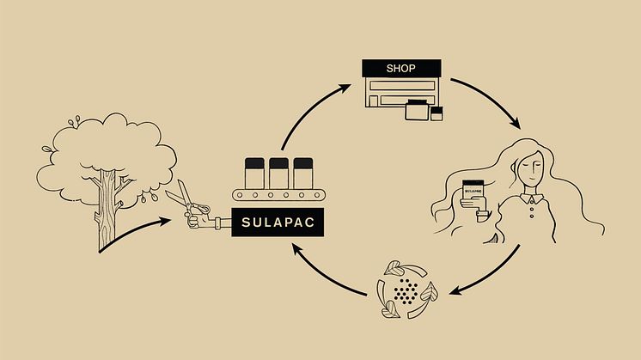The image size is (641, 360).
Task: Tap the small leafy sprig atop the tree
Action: coord(79,120)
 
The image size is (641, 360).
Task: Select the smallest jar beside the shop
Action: coord(436,114)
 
